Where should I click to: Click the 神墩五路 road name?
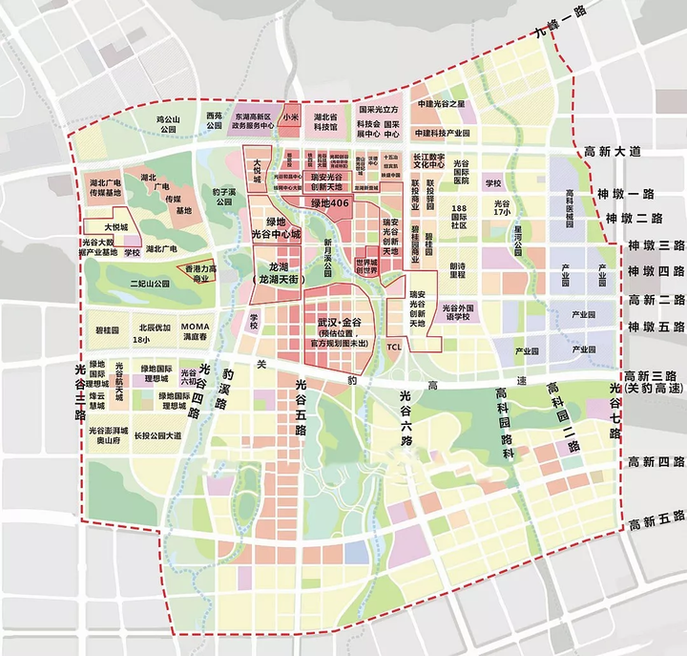click(653, 327)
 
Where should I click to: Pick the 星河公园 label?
click(521, 235)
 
